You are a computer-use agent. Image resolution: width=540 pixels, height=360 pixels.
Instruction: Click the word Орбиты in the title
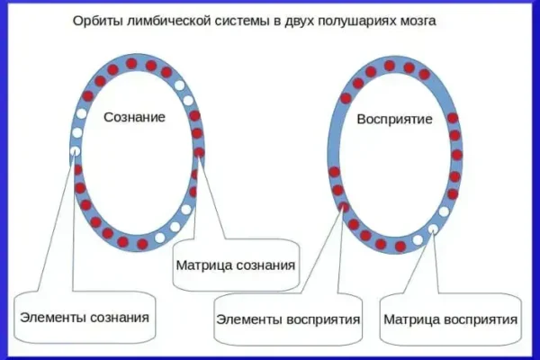[94, 21]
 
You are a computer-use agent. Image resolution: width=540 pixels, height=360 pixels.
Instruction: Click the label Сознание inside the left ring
[134, 118]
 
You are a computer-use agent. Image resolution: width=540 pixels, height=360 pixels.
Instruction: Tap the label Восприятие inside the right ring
[395, 119]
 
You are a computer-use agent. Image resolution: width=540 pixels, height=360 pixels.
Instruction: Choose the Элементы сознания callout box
[84, 318]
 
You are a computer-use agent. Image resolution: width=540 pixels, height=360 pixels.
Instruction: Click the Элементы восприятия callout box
[288, 319]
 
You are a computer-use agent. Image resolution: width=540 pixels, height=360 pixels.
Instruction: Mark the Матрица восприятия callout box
[450, 319]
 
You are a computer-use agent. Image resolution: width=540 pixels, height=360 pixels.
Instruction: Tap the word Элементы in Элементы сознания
[49, 318]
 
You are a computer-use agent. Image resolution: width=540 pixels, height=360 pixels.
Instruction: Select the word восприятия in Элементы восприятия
[325, 319]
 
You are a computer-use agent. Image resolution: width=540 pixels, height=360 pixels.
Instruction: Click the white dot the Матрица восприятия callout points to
[434, 229]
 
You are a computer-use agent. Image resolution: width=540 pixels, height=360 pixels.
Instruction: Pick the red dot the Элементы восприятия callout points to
[344, 208]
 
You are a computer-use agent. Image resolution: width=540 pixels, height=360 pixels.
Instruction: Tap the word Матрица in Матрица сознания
[203, 265]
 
